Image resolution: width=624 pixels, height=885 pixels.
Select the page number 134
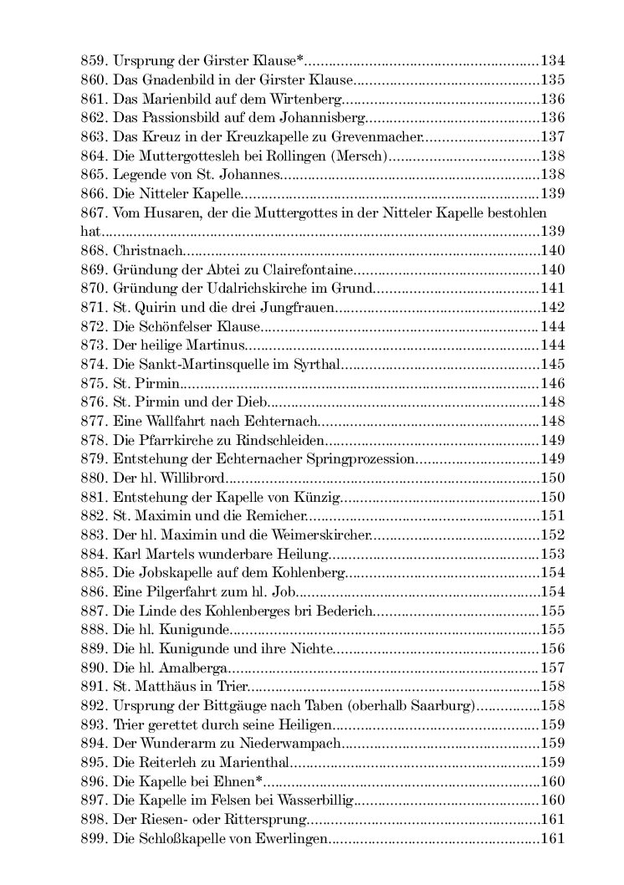tap(552, 60)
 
